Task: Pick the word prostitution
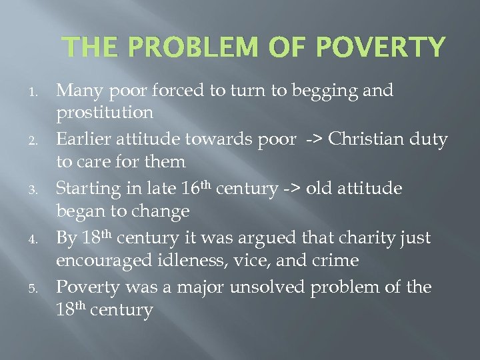[x=105, y=112]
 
